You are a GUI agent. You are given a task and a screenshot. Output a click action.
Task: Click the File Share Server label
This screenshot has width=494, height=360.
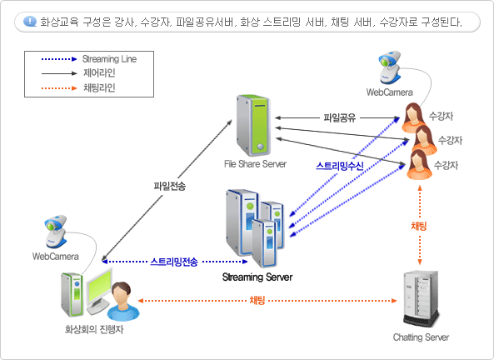coord(255,164)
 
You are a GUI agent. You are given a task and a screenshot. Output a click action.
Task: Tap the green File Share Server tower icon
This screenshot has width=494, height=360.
coord(253,125)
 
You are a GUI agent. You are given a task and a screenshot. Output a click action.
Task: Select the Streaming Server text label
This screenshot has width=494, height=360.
coord(257,277)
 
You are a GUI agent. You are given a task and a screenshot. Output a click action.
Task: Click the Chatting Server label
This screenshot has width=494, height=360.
coord(421,337)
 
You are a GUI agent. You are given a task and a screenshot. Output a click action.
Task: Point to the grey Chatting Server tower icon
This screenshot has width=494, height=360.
coord(421,298)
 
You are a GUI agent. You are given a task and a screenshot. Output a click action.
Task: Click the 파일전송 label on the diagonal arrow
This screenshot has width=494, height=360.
coord(170,186)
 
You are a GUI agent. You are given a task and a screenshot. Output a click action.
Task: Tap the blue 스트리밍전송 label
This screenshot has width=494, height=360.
coord(174,262)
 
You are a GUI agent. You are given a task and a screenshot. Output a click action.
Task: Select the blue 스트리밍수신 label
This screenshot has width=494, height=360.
coord(340,166)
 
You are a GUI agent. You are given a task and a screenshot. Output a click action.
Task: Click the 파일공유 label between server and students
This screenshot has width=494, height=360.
coord(340,117)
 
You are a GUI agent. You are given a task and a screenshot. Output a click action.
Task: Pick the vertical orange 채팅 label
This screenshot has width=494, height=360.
coord(419,226)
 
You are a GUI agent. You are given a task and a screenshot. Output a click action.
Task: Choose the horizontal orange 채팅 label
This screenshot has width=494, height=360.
coord(257,300)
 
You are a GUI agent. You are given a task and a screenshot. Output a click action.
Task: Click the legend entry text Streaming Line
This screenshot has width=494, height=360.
coord(109,59)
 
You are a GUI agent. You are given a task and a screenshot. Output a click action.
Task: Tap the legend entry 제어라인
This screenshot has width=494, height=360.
coord(99,72)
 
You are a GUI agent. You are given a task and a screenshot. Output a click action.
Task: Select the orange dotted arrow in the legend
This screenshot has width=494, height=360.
coord(59,88)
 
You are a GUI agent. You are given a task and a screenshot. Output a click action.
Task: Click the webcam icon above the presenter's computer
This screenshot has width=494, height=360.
coord(56,232)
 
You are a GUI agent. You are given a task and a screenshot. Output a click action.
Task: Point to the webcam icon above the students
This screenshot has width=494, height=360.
coord(389,67)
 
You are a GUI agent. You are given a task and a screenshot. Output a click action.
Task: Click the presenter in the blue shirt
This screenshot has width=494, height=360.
coord(122,302)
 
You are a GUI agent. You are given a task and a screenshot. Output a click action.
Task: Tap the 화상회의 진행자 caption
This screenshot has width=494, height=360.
coord(94,329)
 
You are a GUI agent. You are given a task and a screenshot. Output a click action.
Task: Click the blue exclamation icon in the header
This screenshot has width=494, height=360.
coord(30,22)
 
